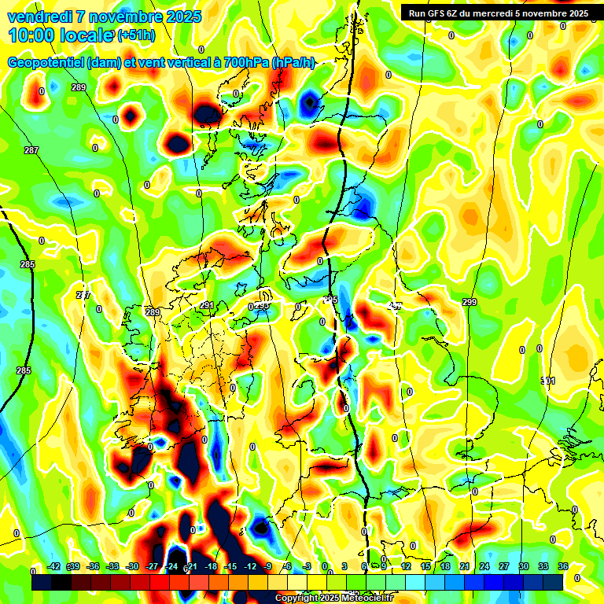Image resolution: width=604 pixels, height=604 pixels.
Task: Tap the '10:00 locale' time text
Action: pos(61,35)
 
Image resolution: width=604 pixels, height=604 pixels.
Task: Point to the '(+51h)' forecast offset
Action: pos(136,35)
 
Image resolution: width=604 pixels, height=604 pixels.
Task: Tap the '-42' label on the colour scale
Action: pos(54,566)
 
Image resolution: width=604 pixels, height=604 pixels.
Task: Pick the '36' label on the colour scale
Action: pos(563,566)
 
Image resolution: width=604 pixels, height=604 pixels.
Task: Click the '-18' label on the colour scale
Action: pos(211,566)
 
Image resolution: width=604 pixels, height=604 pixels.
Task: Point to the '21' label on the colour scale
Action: pos(465,566)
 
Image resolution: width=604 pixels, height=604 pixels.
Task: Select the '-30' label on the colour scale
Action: pos(132,566)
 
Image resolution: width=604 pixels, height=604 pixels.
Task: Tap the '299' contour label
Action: pos(470,303)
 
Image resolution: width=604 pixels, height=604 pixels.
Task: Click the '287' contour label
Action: pos(31,150)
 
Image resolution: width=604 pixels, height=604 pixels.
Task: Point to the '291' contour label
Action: pos(206,305)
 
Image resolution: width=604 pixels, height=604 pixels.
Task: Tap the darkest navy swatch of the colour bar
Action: pos(553,582)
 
